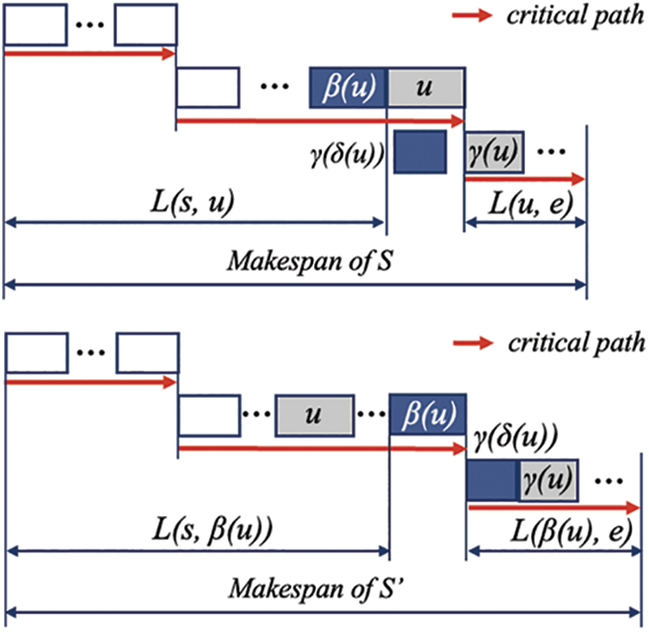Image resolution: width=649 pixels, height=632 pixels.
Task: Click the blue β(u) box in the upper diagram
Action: click(348, 87)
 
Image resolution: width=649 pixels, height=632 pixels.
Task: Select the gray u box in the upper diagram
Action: click(426, 87)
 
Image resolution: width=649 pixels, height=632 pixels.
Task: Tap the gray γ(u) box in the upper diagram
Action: click(494, 152)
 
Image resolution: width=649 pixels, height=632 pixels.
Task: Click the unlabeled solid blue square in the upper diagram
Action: click(420, 152)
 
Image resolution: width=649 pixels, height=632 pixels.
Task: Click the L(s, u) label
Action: click(192, 201)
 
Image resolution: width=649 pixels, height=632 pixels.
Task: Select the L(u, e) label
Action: click(531, 204)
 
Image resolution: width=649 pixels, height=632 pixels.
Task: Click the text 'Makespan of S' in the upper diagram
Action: click(309, 261)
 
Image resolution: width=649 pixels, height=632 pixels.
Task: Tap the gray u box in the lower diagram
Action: click(314, 416)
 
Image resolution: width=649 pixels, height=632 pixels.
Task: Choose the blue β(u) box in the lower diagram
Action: click(428, 414)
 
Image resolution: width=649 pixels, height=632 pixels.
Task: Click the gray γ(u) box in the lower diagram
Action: click(548, 480)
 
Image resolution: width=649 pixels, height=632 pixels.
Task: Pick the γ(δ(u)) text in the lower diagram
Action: click(515, 439)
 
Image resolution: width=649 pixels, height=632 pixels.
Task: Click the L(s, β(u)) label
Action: click(213, 531)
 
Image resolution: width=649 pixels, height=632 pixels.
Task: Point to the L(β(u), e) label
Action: click(572, 532)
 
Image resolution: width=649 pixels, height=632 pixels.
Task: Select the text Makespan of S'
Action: click(316, 588)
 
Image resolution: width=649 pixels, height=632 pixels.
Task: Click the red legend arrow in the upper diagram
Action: click(472, 16)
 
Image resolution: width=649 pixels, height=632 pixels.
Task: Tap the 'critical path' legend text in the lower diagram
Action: click(577, 343)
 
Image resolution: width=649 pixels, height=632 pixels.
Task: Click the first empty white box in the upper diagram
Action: click(36, 24)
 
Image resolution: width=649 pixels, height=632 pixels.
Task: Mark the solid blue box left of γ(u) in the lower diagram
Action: click(492, 480)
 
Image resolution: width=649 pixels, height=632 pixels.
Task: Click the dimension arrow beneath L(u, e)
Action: click(526, 223)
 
